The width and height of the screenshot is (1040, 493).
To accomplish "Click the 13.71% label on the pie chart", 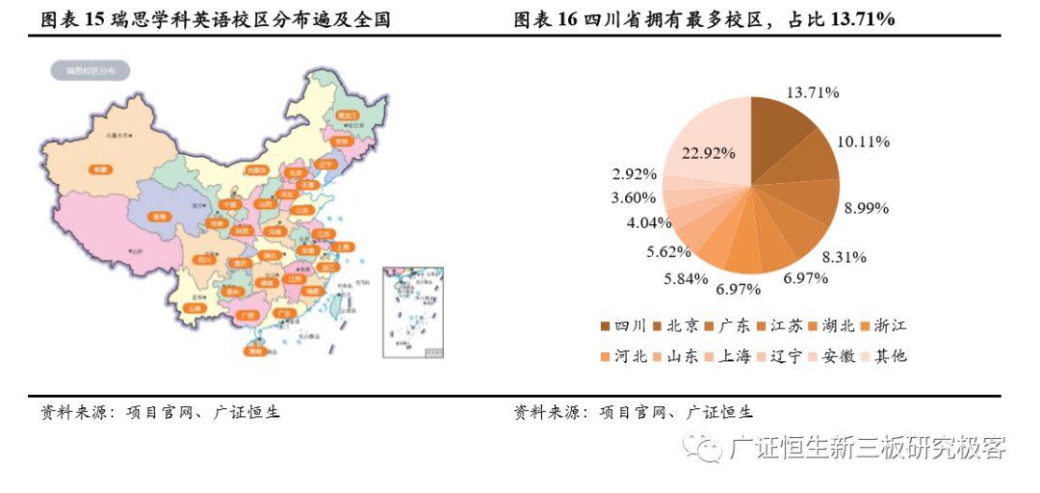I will [x=814, y=92].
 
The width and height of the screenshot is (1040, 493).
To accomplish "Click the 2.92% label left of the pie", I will [x=634, y=174].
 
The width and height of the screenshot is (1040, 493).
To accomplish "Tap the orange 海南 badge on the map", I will [x=254, y=351].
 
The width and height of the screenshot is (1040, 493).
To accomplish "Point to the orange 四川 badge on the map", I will [x=204, y=259].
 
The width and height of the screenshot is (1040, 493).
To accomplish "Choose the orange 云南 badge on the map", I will [x=195, y=309].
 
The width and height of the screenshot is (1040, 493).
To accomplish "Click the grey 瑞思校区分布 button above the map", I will [x=91, y=70].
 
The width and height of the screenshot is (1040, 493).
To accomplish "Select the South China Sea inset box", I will [x=414, y=312].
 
